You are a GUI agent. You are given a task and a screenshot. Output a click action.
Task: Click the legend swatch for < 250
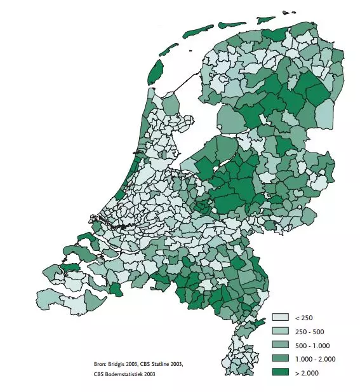point(281,317)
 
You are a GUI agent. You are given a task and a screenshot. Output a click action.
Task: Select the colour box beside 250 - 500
point(281,331)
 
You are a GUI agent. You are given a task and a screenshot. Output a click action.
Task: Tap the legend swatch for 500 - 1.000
point(281,345)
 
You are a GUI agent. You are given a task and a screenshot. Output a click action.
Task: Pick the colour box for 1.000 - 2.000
point(281,359)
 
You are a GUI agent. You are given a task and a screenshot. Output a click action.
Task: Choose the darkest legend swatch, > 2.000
point(281,373)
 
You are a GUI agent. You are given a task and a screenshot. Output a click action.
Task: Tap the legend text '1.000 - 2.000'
point(315,359)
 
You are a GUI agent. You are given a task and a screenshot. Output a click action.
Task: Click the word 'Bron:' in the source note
point(100,363)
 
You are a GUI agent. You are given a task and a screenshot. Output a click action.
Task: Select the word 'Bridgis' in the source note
point(120,363)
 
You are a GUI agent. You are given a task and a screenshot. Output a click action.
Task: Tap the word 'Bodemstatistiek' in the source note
point(124,374)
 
